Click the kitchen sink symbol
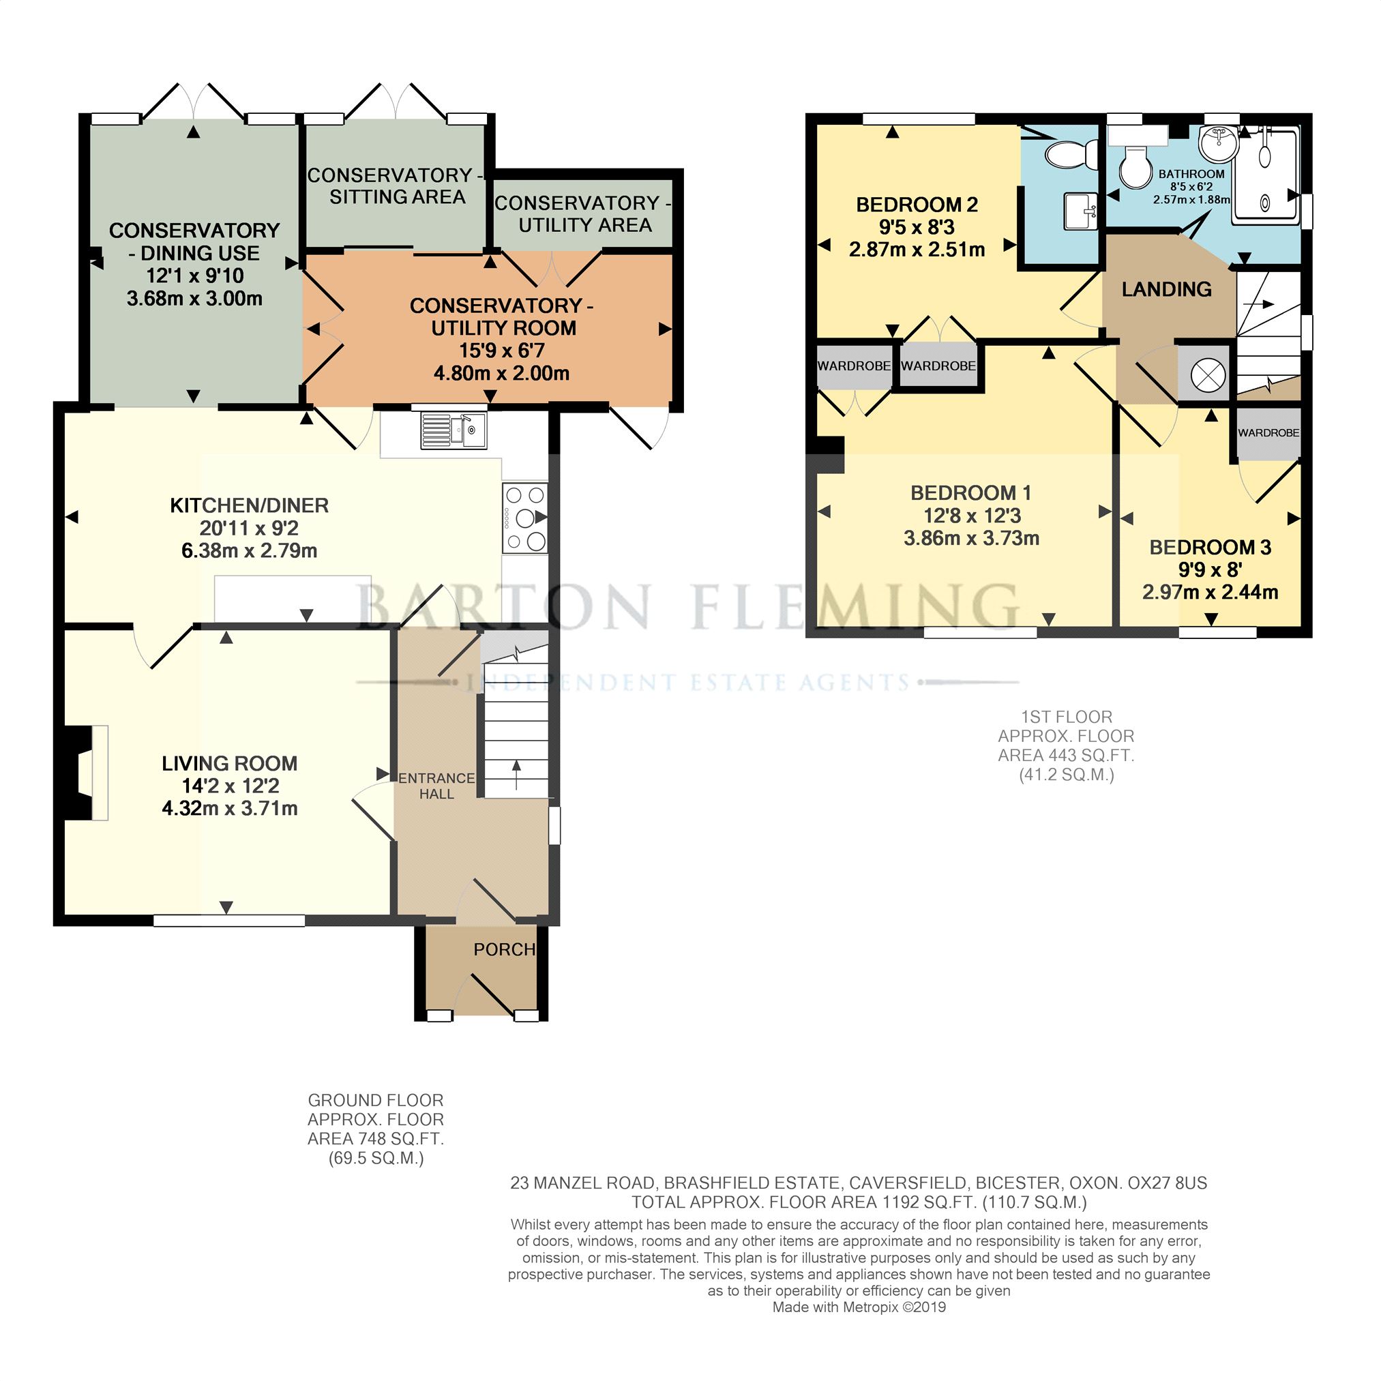coord(454,430)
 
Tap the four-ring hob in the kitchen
coord(525,518)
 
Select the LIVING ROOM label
coord(229,763)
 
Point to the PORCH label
coord(504,949)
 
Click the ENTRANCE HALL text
coord(436,786)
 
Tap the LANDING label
coord(1166,288)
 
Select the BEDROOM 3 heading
coord(1209,548)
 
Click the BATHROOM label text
coord(1191,174)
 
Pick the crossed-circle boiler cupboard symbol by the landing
coord(1207,374)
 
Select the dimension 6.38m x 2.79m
coord(250,550)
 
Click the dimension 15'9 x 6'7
coord(501,351)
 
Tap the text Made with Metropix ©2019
coord(859,1307)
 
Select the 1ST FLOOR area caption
coord(1066,745)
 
